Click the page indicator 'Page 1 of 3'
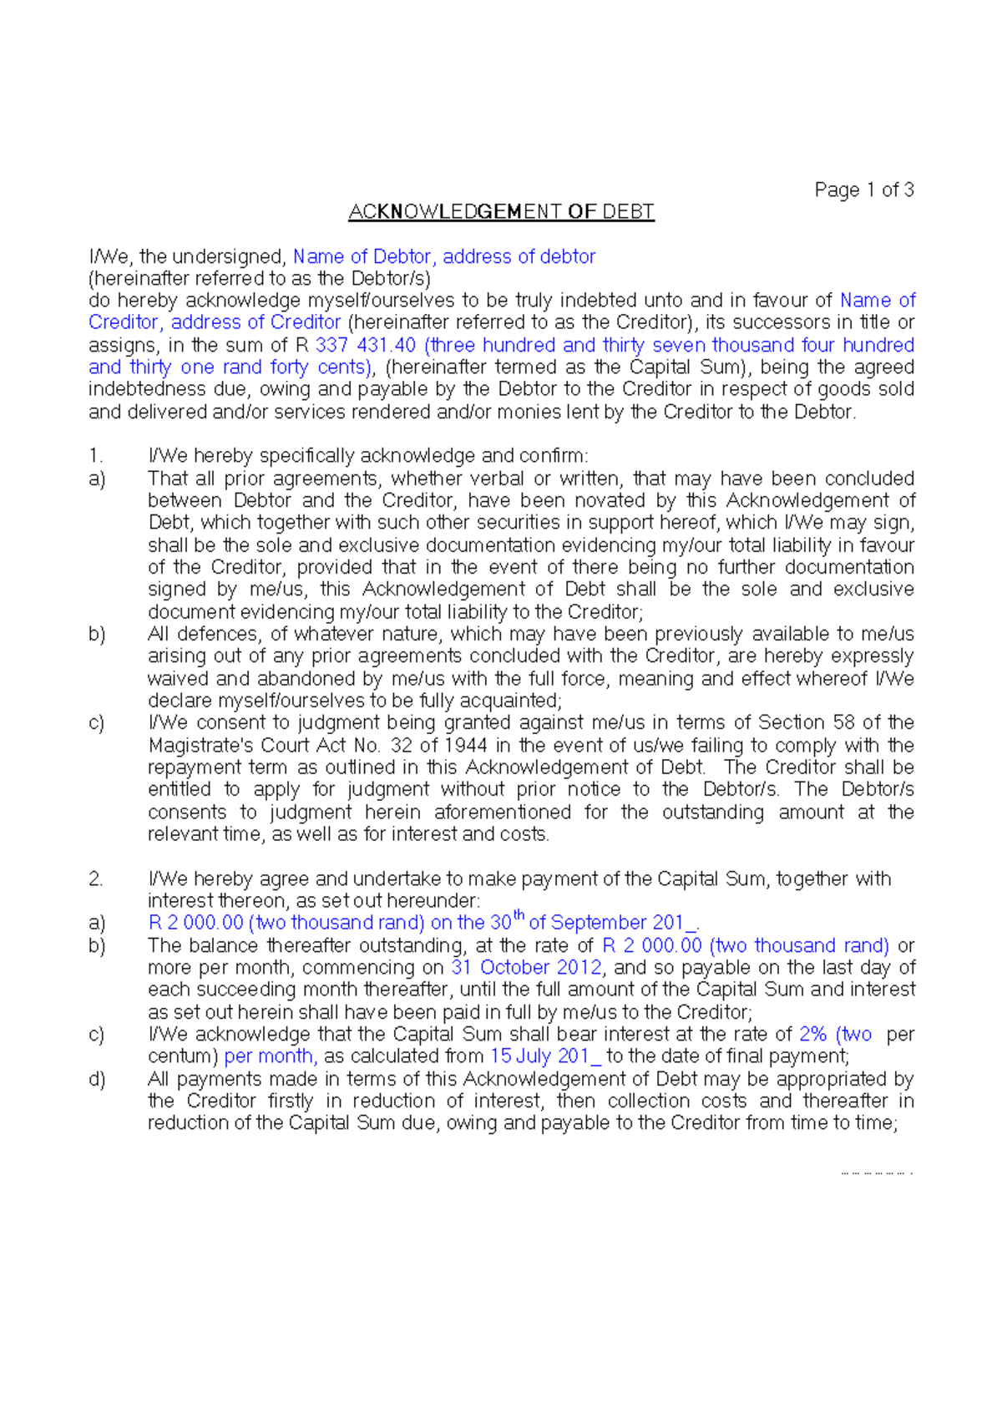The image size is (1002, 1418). pos(863,190)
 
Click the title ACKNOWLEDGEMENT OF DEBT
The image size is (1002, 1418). pos(501,212)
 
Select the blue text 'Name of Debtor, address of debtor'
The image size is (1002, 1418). pos(444,256)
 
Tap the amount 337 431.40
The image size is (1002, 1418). pos(365,345)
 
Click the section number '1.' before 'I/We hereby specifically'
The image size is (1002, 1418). pos(95,456)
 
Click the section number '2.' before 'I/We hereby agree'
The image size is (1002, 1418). pos(95,879)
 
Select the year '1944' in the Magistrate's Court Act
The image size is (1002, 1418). pos(465,745)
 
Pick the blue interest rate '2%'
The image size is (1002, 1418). pos(812,1034)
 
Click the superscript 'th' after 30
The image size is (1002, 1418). pos(519,915)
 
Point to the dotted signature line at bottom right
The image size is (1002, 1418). pos(877,1173)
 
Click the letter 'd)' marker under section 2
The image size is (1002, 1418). pos(97,1079)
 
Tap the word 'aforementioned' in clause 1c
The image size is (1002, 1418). pos(502,812)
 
